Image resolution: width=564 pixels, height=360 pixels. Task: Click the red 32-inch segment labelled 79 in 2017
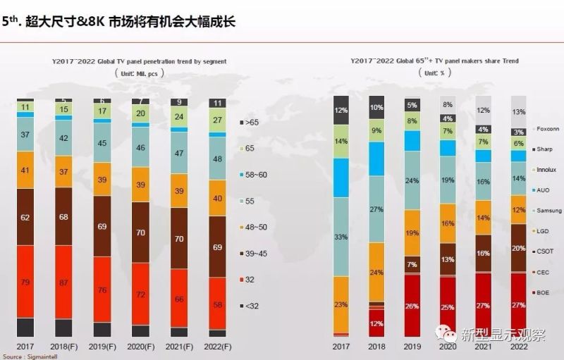click(x=25, y=282)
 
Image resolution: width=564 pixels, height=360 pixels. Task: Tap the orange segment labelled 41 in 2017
click(x=25, y=170)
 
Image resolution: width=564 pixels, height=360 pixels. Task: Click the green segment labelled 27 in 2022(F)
click(x=217, y=120)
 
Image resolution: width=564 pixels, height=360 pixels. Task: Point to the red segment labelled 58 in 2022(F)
click(x=217, y=305)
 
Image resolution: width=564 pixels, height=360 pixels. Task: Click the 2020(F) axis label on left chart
click(x=141, y=347)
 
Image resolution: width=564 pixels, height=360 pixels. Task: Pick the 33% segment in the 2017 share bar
click(x=341, y=237)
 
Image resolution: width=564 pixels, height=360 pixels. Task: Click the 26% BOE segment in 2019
click(x=412, y=306)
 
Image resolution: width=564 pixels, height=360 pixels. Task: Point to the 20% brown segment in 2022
click(x=518, y=248)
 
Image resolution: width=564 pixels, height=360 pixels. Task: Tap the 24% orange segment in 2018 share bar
click(x=376, y=272)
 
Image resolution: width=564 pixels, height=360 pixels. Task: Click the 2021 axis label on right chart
click(x=483, y=347)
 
